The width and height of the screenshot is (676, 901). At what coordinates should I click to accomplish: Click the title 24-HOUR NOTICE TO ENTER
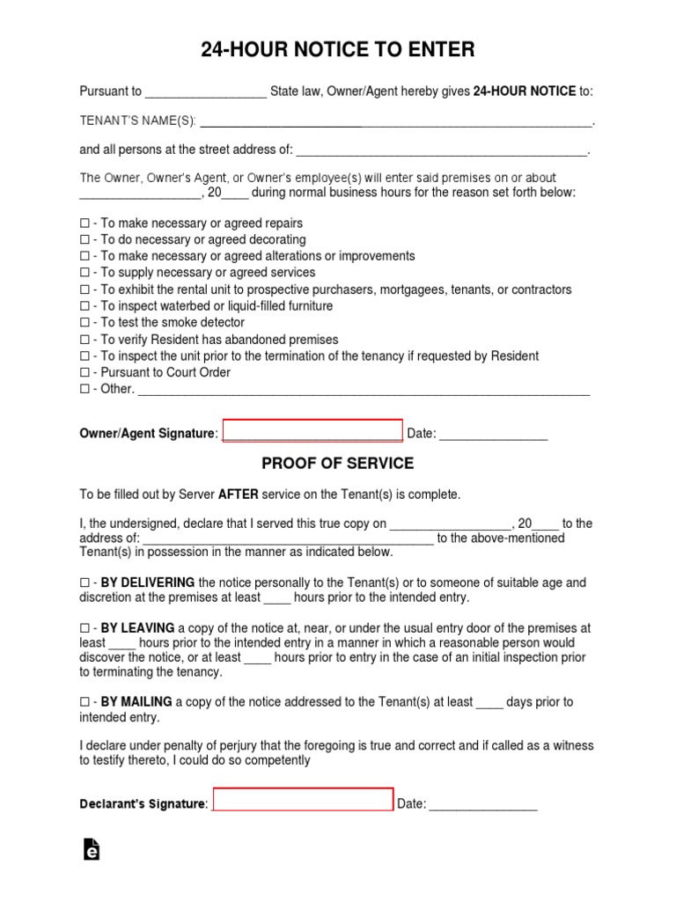(x=338, y=50)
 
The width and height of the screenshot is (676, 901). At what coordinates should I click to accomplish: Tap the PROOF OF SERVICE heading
(x=338, y=463)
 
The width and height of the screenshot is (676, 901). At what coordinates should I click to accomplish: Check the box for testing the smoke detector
(x=85, y=323)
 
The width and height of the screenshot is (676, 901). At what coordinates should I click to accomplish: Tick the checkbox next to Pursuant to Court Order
(x=85, y=373)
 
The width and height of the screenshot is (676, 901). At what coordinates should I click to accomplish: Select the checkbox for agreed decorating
(x=85, y=240)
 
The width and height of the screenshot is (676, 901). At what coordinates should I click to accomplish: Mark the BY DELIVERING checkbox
(x=85, y=583)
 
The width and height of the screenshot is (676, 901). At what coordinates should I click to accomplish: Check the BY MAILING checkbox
(x=85, y=702)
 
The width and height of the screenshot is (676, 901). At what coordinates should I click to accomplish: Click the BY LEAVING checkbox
(x=85, y=629)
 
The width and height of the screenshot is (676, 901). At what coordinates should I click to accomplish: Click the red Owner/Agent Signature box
(x=312, y=431)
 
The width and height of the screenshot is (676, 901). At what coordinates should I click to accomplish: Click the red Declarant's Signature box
(x=303, y=800)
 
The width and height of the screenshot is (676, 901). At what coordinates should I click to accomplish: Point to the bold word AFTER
(x=238, y=494)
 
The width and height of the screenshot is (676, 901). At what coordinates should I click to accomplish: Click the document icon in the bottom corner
(x=91, y=849)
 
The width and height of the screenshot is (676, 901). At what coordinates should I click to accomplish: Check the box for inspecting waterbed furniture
(x=85, y=306)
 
